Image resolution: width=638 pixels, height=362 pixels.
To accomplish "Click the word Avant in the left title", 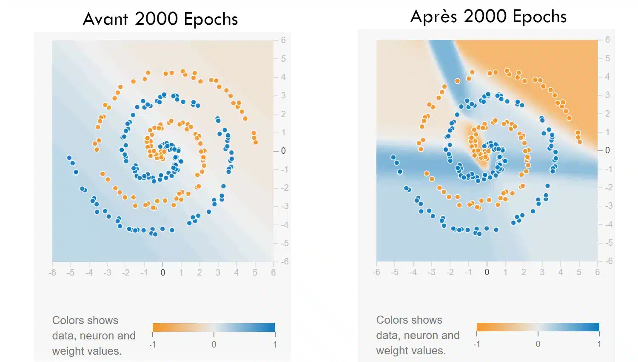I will [105, 19].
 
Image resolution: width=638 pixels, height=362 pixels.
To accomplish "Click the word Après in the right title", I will [433, 17].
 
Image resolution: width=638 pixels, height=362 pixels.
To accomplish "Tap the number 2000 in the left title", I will [156, 19].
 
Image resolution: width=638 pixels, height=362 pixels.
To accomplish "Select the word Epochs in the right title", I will [539, 17].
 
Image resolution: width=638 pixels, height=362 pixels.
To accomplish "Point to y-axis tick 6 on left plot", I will [283, 40].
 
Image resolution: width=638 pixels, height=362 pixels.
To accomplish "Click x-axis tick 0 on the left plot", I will [162, 273].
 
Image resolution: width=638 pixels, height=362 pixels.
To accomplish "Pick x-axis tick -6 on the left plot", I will [52, 273].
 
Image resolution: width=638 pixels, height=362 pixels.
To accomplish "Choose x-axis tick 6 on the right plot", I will [597, 272].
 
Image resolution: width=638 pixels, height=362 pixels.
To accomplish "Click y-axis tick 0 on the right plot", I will [607, 150].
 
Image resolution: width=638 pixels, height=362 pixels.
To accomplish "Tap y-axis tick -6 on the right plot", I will [609, 261].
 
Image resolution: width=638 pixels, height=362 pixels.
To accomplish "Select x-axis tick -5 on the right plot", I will [395, 272].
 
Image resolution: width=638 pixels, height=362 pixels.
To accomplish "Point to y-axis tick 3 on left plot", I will [283, 95].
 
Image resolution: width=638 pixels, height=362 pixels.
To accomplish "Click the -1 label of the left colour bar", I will [153, 345].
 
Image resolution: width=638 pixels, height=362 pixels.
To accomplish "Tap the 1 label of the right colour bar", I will [599, 344].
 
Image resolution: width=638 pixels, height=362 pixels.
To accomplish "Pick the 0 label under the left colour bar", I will [214, 345].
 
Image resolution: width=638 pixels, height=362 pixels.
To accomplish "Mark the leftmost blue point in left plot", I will [69, 158].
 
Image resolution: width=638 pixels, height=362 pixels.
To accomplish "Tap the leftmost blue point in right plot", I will [393, 158].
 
